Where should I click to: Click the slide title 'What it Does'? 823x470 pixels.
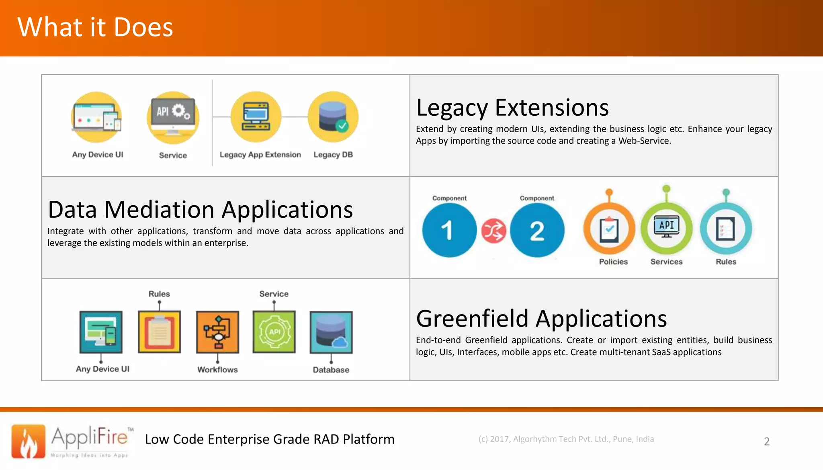pos(95,27)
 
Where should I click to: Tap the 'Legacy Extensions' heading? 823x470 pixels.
pos(512,108)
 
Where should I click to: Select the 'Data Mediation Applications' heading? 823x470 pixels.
pos(200,210)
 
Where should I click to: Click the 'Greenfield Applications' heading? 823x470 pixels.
pos(541,319)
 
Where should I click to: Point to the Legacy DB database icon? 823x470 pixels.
pos(333,117)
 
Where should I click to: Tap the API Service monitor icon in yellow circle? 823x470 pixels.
pos(173,117)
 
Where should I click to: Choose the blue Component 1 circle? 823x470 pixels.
pos(449,230)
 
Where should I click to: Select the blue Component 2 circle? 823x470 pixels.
pos(537,230)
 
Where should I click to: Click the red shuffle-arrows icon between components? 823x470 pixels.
pos(493,231)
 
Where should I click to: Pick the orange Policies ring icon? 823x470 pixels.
pos(609,229)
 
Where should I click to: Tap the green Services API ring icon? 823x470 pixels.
pos(666,228)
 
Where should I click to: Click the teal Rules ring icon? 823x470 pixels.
pos(726,229)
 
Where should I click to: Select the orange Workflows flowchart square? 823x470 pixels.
pos(217,332)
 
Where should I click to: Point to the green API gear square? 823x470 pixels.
pos(274,332)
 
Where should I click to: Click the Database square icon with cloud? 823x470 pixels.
pos(331,332)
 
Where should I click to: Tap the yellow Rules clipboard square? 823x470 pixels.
pos(160,332)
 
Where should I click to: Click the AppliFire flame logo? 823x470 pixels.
pos(28,441)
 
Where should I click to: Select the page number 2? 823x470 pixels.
pos(767,441)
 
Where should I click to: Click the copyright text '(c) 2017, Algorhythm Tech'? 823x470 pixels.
pos(566,439)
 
